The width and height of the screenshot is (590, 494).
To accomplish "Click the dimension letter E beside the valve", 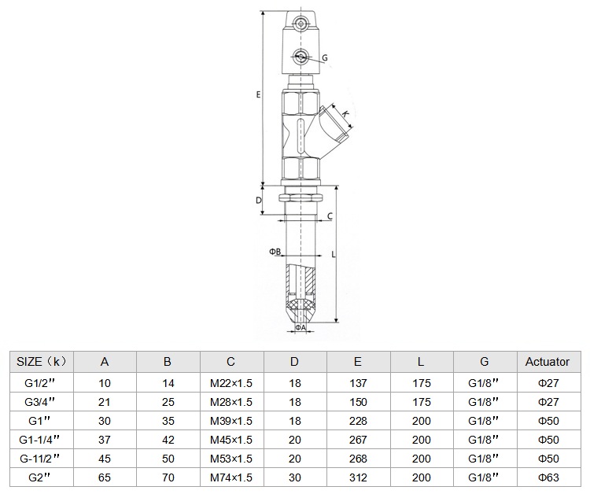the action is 258,94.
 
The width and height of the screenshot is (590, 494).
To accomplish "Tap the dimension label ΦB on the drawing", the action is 275,252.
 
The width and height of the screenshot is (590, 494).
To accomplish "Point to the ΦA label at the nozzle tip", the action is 301,327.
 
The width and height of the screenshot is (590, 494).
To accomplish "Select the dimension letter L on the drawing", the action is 334,255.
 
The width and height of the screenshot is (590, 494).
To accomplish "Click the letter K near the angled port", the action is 346,113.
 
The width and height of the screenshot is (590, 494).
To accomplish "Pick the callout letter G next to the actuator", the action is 325,58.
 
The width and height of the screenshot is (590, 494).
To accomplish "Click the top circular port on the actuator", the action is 301,24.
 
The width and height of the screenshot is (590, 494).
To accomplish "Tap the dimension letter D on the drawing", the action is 259,201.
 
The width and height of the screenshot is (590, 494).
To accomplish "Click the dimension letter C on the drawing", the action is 330,216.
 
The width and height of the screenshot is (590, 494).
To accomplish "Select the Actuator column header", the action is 548,362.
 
